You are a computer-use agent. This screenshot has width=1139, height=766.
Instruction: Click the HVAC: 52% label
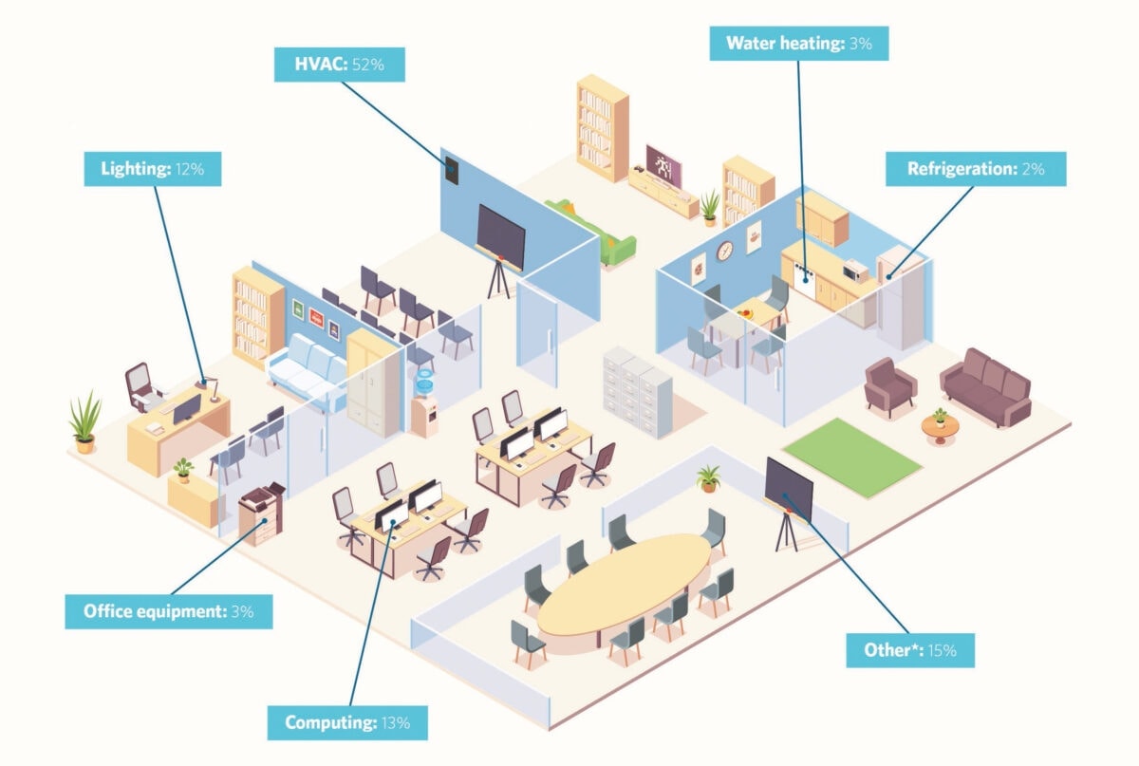coord(340,65)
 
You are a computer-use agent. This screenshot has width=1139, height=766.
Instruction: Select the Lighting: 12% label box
coord(153,169)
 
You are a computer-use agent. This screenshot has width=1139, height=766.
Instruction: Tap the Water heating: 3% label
coord(799,44)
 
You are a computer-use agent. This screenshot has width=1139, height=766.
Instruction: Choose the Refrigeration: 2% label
coord(976,169)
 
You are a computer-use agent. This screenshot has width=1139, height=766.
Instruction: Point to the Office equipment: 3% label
coord(169,611)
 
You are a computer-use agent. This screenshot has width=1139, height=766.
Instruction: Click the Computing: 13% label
coord(347,722)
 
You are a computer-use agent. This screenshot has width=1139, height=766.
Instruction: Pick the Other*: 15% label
coord(910,650)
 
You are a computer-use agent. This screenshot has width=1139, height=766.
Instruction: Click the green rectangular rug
coord(852,458)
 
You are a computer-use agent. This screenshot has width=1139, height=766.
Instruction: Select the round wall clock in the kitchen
coord(724,252)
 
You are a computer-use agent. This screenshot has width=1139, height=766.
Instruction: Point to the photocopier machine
coord(261,513)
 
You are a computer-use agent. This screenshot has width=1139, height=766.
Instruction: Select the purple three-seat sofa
coord(985,387)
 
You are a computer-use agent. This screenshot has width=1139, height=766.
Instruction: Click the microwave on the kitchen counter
coord(855,271)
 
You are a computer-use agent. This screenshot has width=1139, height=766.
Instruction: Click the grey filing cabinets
coord(638,392)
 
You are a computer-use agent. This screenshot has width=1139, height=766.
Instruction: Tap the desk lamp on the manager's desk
coord(210,387)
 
